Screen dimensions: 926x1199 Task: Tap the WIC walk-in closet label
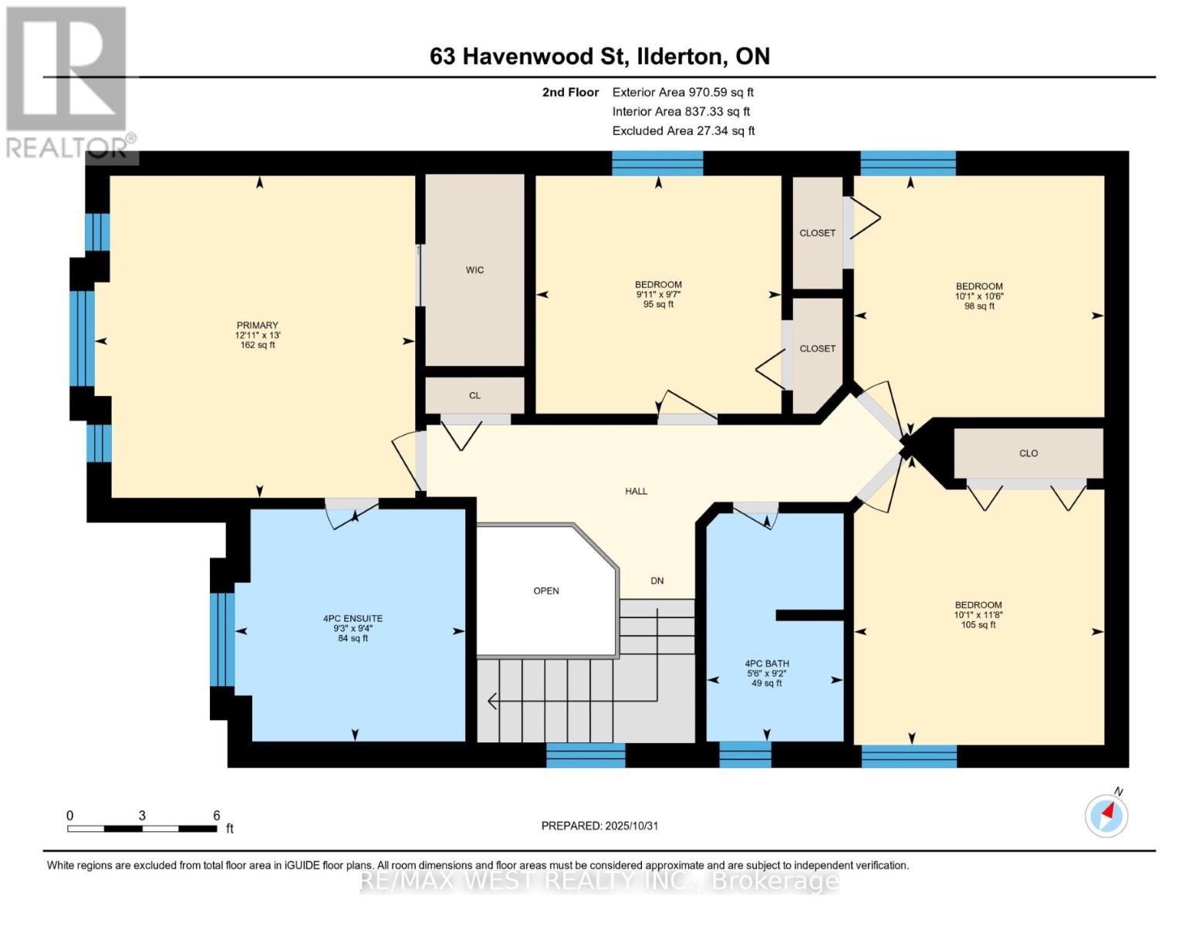click(475, 270)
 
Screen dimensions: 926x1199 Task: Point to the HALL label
click(636, 491)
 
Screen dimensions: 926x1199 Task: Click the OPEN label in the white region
click(546, 591)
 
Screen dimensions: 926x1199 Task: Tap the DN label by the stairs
click(657, 581)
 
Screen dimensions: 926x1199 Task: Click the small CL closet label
click(475, 396)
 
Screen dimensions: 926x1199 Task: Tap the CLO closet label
click(1028, 454)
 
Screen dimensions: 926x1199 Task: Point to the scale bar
click(142, 828)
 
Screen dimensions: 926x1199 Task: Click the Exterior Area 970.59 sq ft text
click(682, 92)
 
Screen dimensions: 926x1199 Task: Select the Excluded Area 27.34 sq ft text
click(683, 130)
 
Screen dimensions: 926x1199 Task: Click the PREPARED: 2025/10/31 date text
click(599, 826)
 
